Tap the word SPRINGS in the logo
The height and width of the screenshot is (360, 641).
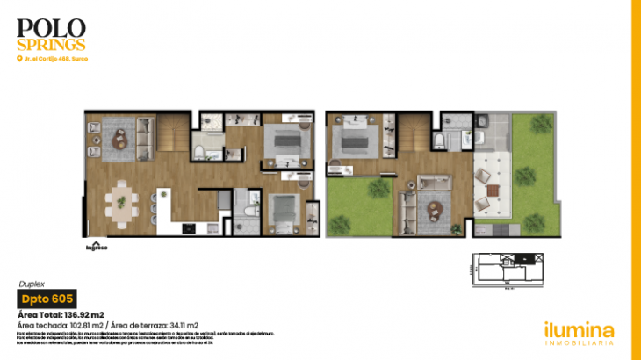tap(51, 44)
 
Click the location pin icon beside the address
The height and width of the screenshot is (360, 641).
tap(19, 59)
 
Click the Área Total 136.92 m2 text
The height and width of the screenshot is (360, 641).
tap(61, 313)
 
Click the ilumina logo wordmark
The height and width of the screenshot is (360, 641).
tap(577, 329)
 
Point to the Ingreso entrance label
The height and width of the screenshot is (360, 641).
tap(96, 247)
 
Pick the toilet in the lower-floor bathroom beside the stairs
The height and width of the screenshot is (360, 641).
tap(199, 153)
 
